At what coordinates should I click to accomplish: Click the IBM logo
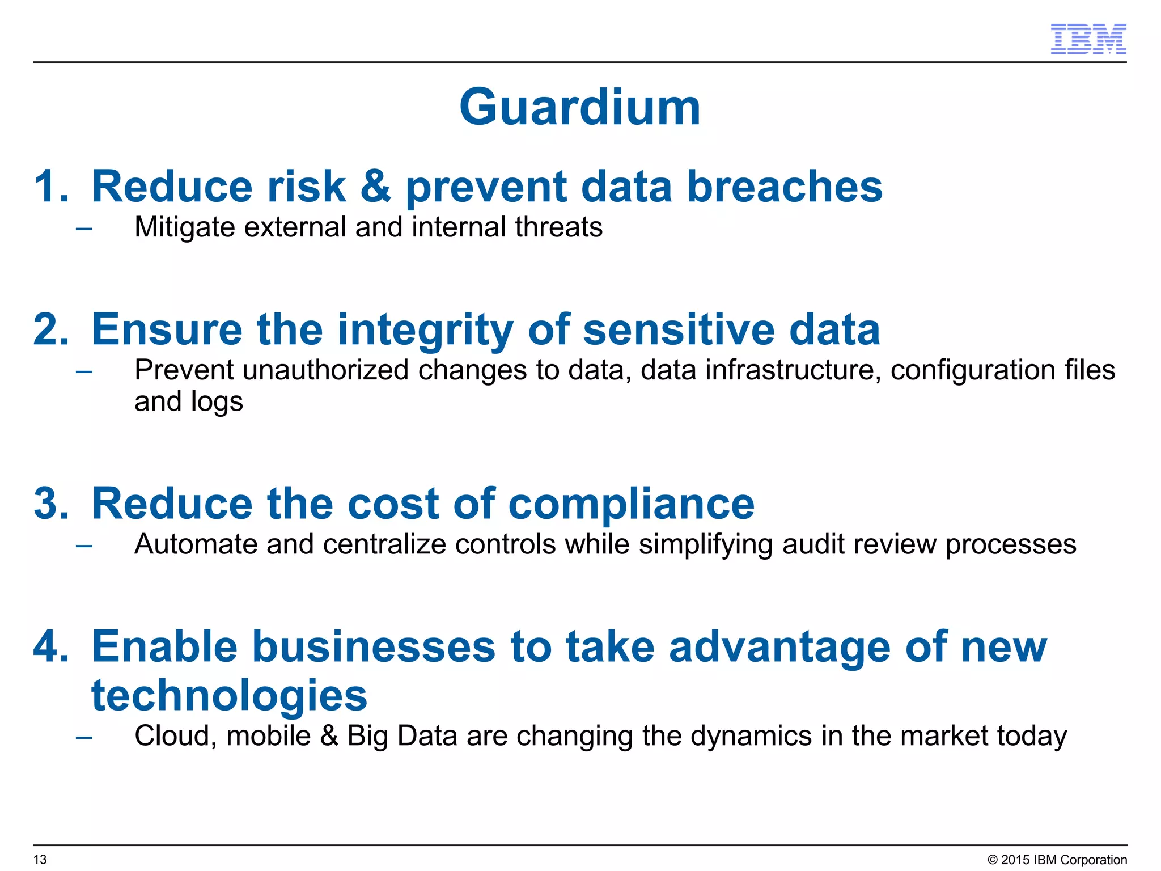[x=1088, y=39]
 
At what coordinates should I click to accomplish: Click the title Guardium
[x=580, y=107]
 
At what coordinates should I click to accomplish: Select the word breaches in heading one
[x=785, y=187]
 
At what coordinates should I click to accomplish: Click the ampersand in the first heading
[x=375, y=187]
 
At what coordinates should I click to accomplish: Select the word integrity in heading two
[x=425, y=331]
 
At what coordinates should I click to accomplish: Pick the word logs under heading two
[x=217, y=402]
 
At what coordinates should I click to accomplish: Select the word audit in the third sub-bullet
[x=813, y=544]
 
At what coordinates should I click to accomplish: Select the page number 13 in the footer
[x=40, y=860]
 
